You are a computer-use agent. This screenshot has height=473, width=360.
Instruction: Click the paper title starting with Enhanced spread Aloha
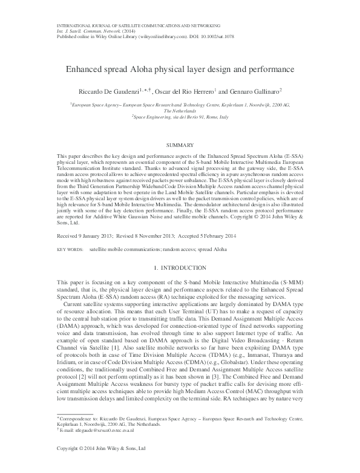180,70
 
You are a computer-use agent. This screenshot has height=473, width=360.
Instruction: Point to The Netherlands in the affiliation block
180,111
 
